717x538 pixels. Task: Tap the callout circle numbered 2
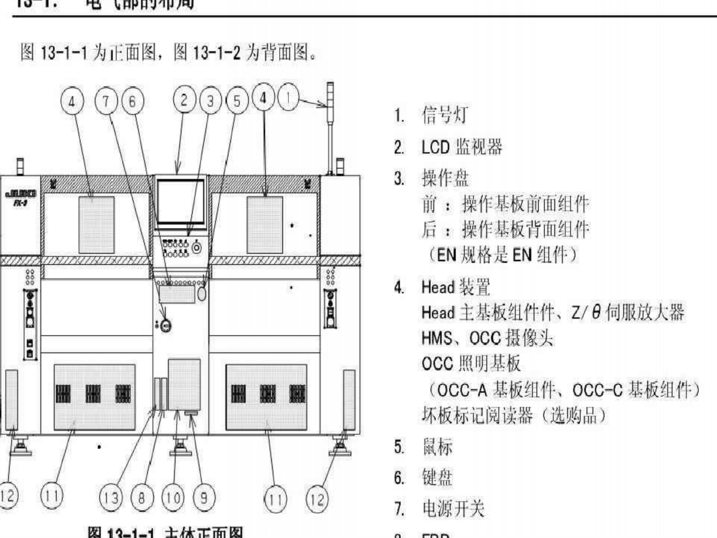[184, 100]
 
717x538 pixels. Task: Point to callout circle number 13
[111, 498]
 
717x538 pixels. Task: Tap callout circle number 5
[237, 101]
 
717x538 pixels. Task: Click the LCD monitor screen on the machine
[180, 202]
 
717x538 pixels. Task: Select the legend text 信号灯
[445, 115]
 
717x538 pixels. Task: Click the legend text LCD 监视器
[462, 147]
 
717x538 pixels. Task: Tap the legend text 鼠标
[437, 447]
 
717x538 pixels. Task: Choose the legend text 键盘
[437, 478]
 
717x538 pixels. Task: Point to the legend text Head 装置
[455, 287]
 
